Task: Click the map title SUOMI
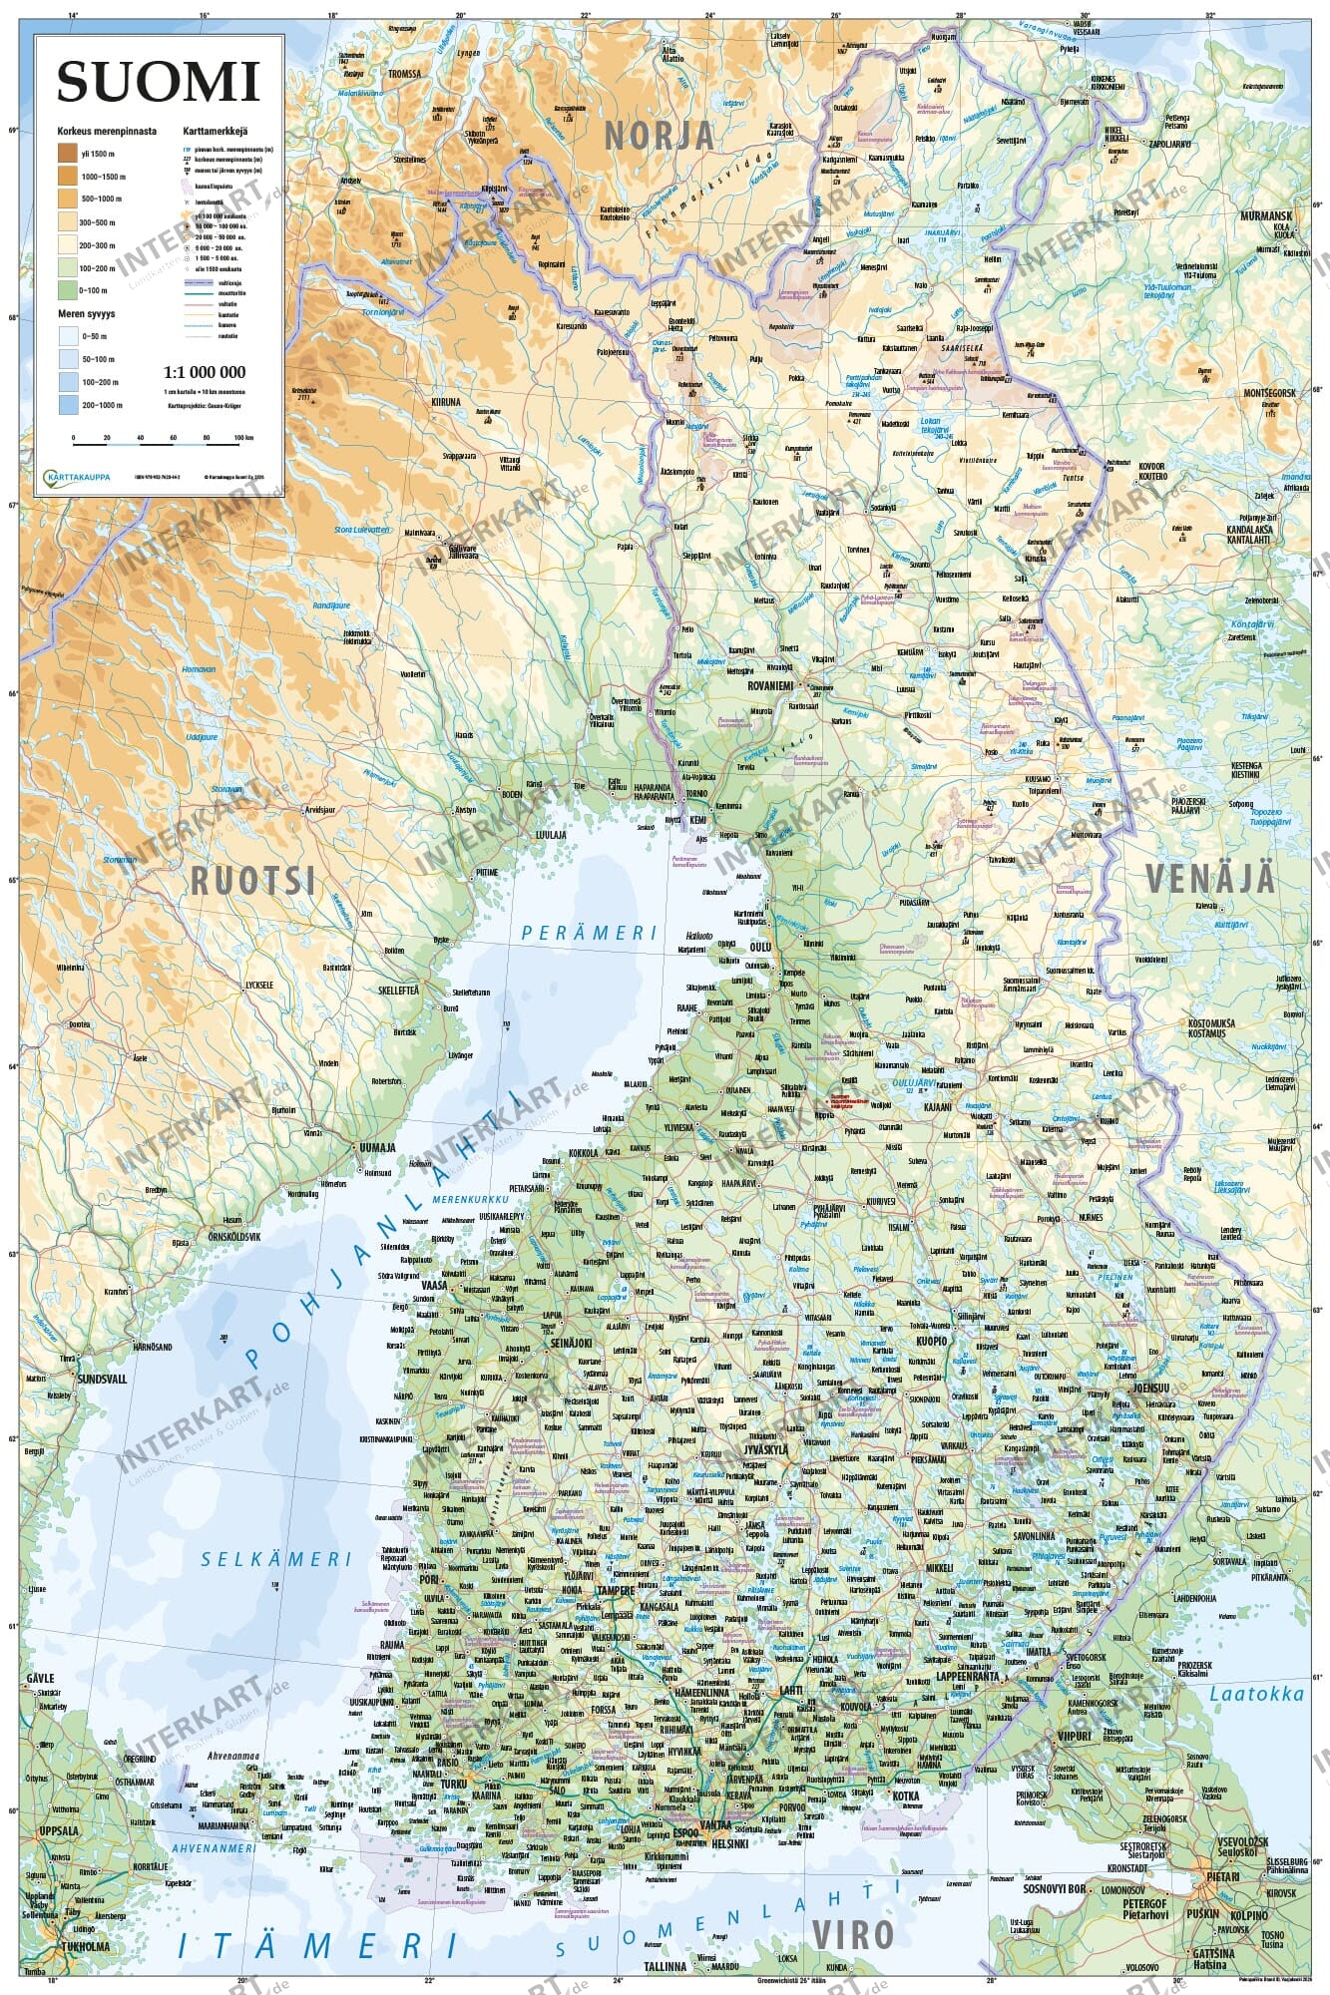[x=158, y=82]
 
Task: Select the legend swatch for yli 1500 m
[x=68, y=154]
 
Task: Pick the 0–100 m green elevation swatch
[x=68, y=291]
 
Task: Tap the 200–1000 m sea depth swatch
[x=68, y=405]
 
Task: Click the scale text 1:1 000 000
[x=204, y=372]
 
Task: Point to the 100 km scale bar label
[x=242, y=438]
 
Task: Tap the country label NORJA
[x=659, y=135]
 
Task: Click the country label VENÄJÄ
[x=1209, y=878]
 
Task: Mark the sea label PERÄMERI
[x=590, y=933]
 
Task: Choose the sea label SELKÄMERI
[x=276, y=1558]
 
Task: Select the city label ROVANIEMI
[x=770, y=686]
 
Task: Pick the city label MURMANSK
[x=1265, y=215]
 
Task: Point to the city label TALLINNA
[x=666, y=1966]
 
